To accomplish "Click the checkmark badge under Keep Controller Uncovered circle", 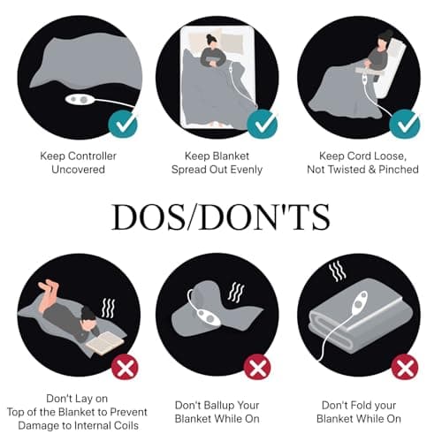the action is [x=123, y=124].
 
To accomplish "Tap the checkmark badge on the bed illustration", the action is [x=262, y=124].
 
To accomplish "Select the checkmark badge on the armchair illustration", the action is [x=405, y=124].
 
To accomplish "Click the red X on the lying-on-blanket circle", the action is [x=125, y=368].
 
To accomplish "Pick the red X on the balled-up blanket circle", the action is [x=257, y=368].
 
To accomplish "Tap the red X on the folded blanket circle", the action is [x=405, y=368].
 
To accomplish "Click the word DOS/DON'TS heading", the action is [x=221, y=217].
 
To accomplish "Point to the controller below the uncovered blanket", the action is [x=80, y=99].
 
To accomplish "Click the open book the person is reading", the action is [x=105, y=343].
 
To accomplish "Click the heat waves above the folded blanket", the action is [x=337, y=271].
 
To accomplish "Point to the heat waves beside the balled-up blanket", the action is [x=236, y=293].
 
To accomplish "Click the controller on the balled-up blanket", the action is [x=210, y=317].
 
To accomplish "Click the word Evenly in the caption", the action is [x=247, y=170].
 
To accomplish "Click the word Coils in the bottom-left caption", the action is [x=126, y=425].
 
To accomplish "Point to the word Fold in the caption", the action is [x=353, y=405].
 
